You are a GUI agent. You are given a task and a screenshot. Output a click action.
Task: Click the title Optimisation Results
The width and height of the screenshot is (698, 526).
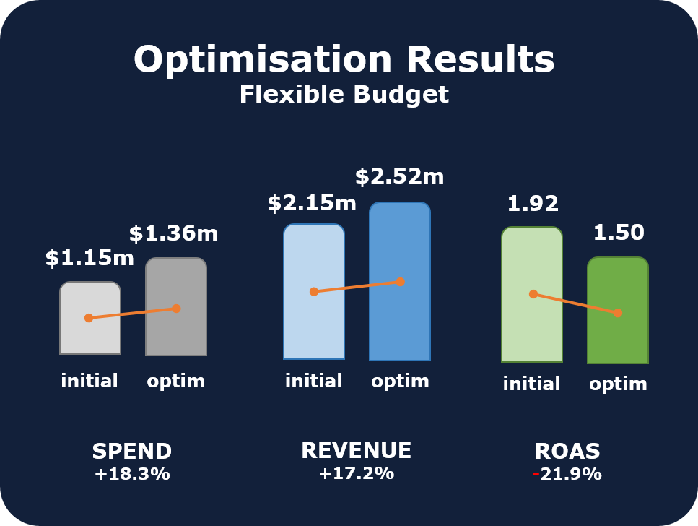point(344,59)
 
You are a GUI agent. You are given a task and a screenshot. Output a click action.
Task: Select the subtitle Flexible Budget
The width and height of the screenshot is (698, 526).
point(344,95)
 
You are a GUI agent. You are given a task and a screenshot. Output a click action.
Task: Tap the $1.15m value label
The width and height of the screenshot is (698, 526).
point(90,258)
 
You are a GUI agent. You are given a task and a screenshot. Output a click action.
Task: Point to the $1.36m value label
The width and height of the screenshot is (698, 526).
point(173,233)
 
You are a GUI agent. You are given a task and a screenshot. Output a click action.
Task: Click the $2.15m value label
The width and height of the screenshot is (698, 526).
point(312,203)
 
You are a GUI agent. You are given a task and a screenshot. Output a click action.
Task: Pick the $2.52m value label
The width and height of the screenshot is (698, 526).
point(399,176)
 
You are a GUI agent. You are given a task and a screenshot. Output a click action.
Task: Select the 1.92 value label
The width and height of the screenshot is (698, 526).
point(533,204)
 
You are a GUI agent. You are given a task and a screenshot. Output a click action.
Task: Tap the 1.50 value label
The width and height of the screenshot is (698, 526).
point(619,233)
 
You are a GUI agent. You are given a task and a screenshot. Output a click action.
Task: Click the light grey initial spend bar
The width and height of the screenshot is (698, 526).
point(90,336)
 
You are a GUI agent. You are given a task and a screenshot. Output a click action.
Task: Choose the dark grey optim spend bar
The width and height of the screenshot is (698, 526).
point(176,336)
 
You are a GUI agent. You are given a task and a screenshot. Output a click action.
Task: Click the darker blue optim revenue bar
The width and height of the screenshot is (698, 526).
point(400,325)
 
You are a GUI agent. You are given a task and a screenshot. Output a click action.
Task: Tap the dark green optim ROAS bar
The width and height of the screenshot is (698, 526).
point(618,340)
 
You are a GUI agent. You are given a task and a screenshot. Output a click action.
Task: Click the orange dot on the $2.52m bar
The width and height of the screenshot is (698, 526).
point(400,281)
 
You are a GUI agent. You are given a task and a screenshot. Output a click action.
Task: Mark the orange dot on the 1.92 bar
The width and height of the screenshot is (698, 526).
point(533,294)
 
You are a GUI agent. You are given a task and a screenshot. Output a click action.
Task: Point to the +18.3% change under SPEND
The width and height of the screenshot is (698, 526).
point(132,475)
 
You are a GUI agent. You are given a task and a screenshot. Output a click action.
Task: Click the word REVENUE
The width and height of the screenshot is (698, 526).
point(356,451)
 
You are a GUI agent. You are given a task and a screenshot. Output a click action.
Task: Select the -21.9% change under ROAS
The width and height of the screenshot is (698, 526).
point(567,475)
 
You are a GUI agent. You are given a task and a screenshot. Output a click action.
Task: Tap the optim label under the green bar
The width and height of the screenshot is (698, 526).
point(618,384)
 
